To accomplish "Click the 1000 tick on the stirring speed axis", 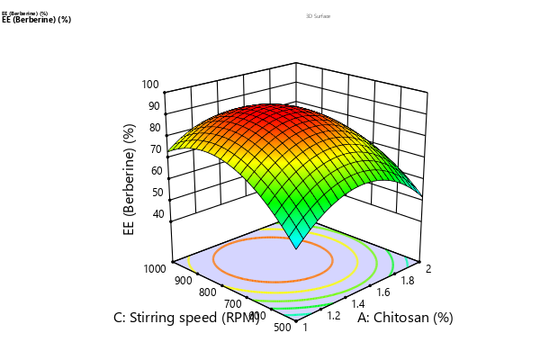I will pyautogui.click(x=153, y=268).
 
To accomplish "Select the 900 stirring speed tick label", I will pyautogui.click(x=184, y=280).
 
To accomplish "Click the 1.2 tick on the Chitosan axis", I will pyautogui.click(x=333, y=317).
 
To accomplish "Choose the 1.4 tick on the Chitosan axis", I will pyautogui.click(x=356, y=304).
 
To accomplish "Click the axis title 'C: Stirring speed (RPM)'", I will pyautogui.click(x=186, y=318).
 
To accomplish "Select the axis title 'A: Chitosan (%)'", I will pyautogui.click(x=405, y=318).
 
